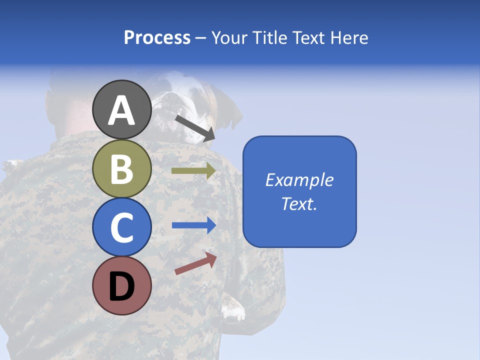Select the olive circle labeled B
(121, 168)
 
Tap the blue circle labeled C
(121, 227)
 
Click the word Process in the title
(157, 37)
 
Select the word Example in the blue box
(299, 180)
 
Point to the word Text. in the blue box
(299, 203)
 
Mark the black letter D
(121, 287)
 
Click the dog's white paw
(233, 312)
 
